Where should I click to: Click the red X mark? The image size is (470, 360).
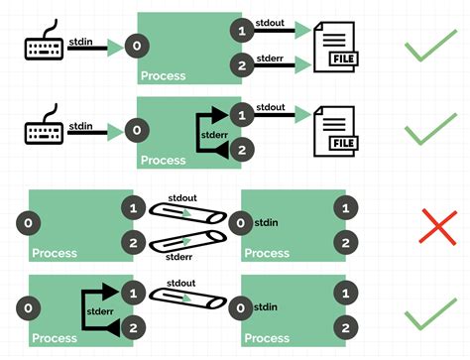coord(431,226)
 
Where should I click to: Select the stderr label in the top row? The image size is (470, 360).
coord(272,58)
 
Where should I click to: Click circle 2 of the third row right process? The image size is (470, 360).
coord(343,242)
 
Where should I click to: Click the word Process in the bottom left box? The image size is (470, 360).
coord(55,338)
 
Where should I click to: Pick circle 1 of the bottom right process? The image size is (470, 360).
coord(343,294)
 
